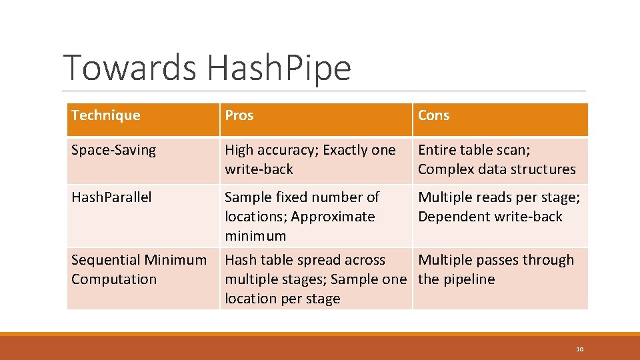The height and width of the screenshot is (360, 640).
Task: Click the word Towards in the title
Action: pyautogui.click(x=131, y=68)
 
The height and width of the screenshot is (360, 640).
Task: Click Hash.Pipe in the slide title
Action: pyautogui.click(x=278, y=68)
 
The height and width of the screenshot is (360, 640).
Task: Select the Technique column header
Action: pyautogui.click(x=106, y=115)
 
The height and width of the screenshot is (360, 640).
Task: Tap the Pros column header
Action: pyautogui.click(x=239, y=115)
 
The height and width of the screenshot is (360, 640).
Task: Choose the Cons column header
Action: pyautogui.click(x=433, y=115)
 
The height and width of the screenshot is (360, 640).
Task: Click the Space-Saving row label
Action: pyautogui.click(x=113, y=150)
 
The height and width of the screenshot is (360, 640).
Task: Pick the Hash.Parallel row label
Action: pyautogui.click(x=111, y=197)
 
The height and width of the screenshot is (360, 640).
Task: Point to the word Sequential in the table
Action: pyautogui.click(x=105, y=260)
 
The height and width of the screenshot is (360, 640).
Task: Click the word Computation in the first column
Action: pyautogui.click(x=114, y=279)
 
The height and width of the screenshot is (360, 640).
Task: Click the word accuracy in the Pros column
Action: pyautogui.click(x=285, y=150)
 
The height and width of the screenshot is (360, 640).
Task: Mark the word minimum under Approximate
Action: pyautogui.click(x=255, y=236)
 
